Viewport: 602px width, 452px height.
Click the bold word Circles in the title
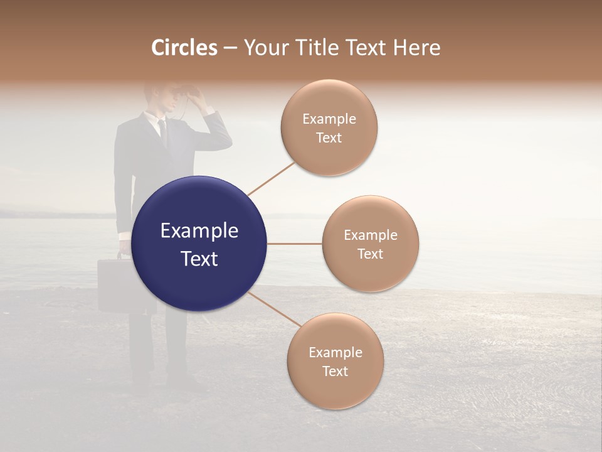[184, 48]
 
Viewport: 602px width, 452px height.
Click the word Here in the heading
[416, 48]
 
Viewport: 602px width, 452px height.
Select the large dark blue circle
[199, 244]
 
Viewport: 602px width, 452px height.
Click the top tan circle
[329, 127]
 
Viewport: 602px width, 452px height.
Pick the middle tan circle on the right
[370, 244]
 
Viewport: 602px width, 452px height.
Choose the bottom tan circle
[335, 361]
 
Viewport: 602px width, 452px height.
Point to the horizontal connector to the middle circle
[295, 244]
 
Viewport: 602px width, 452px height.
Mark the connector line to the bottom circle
[275, 309]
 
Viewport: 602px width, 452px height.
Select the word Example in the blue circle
[199, 231]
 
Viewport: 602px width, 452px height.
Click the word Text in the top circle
[329, 138]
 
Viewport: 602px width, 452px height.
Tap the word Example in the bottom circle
[335, 352]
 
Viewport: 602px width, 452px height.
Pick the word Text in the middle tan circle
[370, 254]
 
